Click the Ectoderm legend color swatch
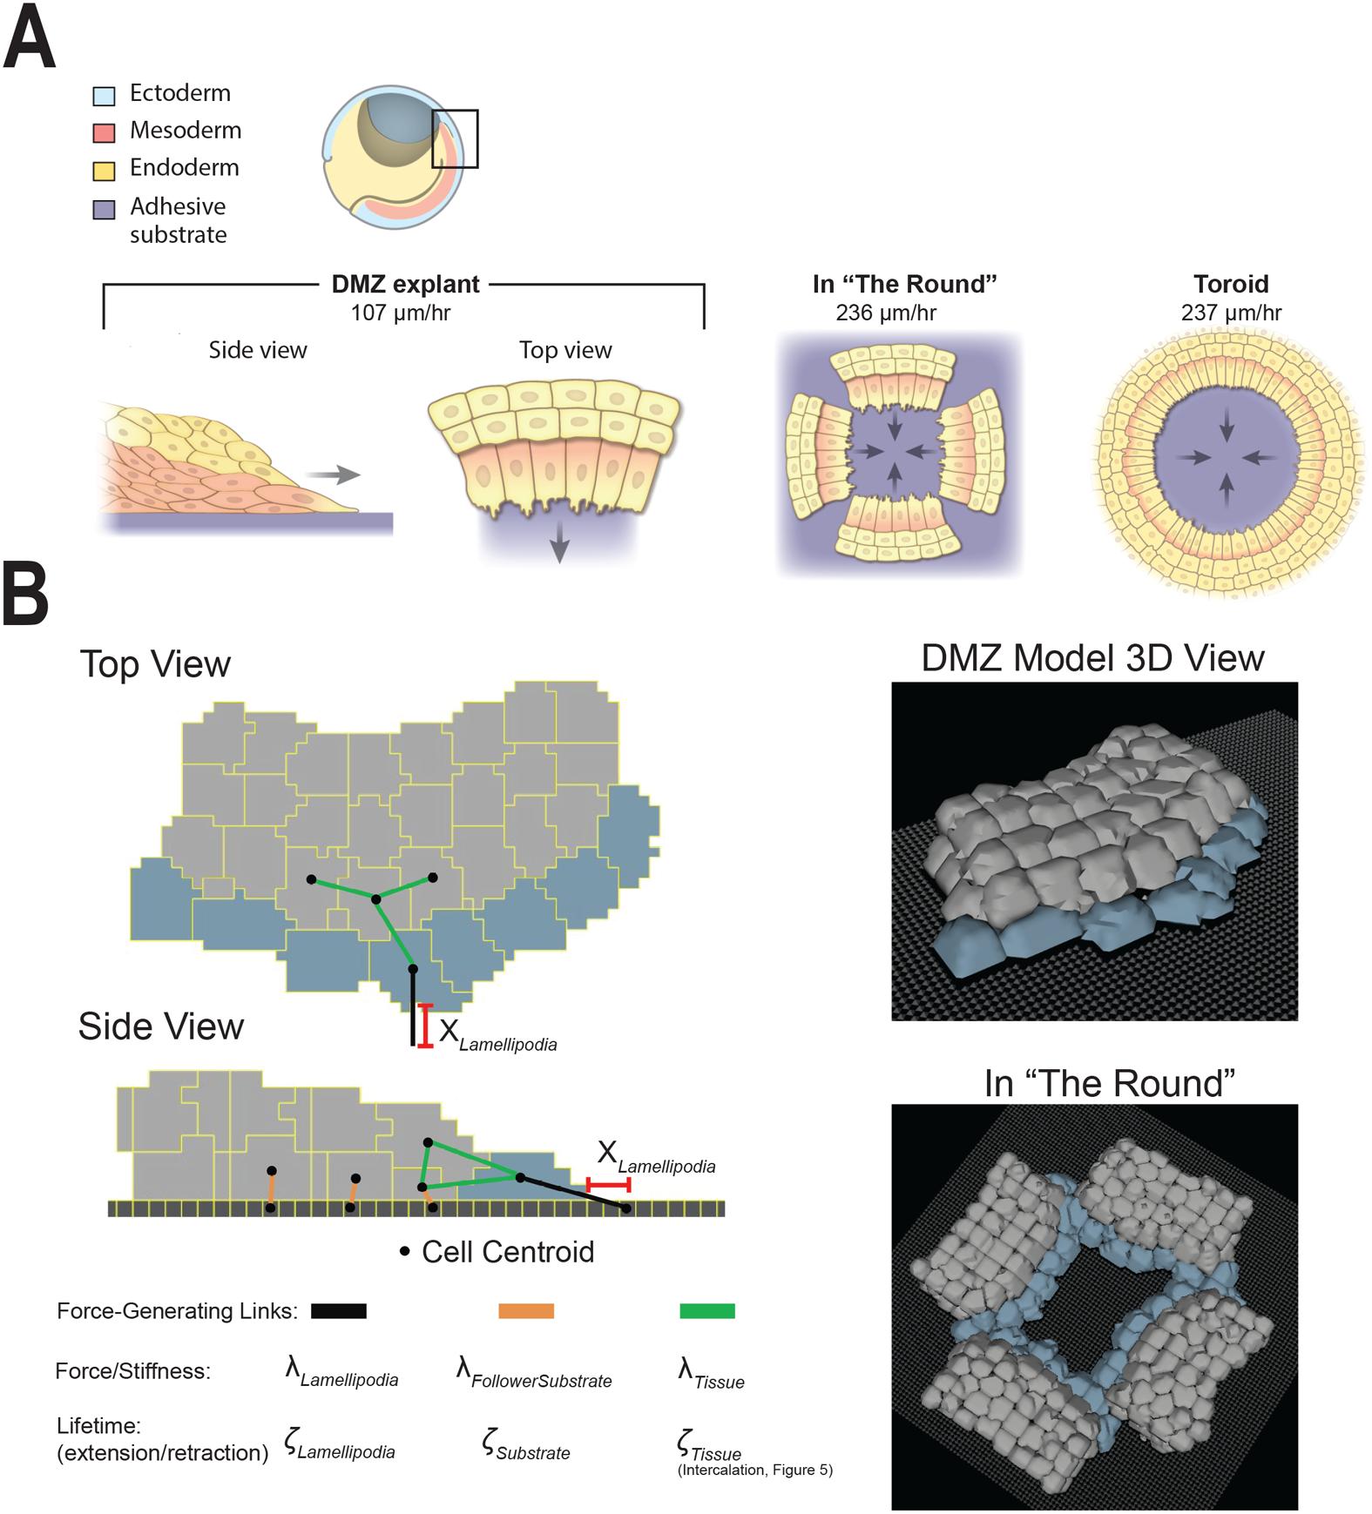point(104,95)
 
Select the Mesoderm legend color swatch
point(104,132)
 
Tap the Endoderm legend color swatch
point(104,170)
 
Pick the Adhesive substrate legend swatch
point(104,209)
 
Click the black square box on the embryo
point(455,138)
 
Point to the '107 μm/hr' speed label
point(400,313)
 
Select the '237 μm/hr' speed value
point(1231,313)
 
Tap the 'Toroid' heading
point(1231,285)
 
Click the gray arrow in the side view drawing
point(332,474)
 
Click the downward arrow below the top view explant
point(559,546)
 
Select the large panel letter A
point(30,39)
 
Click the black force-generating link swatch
point(338,1310)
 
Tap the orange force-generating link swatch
point(526,1310)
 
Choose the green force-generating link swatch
point(706,1310)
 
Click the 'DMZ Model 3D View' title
point(1092,658)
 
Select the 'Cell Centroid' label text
point(507,1252)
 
